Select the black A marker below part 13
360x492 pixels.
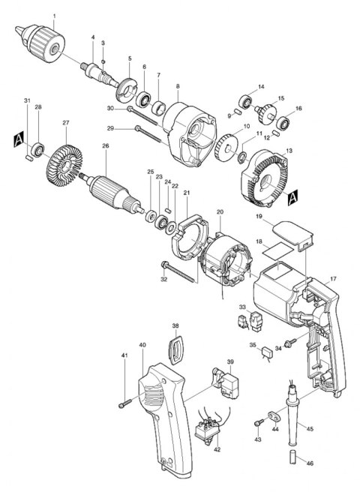click(293, 197)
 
